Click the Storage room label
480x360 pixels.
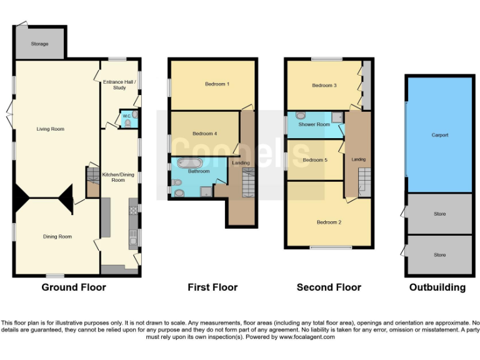point(39,44)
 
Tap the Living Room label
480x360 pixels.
point(50,129)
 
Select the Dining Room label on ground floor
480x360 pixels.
point(57,236)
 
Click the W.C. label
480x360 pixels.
point(126,116)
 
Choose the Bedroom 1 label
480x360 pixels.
point(217,84)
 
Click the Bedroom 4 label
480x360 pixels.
point(204,133)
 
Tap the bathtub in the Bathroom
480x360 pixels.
point(188,164)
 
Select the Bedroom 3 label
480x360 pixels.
point(324,85)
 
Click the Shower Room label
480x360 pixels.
point(314,124)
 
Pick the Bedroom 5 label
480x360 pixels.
point(315,160)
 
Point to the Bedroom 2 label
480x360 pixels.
point(329,222)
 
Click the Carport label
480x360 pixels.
point(439,135)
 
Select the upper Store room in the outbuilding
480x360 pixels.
point(439,214)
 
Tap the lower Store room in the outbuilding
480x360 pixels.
point(439,255)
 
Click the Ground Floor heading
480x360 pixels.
point(74,287)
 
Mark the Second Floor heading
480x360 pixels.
point(329,287)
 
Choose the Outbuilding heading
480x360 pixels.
point(437,287)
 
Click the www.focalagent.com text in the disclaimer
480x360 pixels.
point(304,337)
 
